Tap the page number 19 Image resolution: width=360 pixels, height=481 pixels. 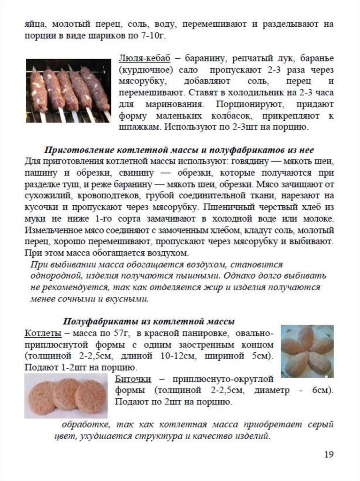[329, 454]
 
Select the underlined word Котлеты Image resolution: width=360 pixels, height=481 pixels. [43, 334]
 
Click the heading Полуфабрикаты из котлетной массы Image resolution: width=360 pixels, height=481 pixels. [149, 322]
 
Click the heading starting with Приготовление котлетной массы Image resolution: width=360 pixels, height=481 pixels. [178, 150]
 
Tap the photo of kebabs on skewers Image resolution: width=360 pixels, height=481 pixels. [68, 90]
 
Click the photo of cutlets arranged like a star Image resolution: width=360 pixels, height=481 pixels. [307, 351]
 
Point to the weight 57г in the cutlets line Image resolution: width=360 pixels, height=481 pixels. [120, 334]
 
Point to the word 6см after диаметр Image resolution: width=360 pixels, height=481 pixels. [322, 390]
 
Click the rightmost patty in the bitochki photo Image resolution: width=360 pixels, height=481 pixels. [91, 396]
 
